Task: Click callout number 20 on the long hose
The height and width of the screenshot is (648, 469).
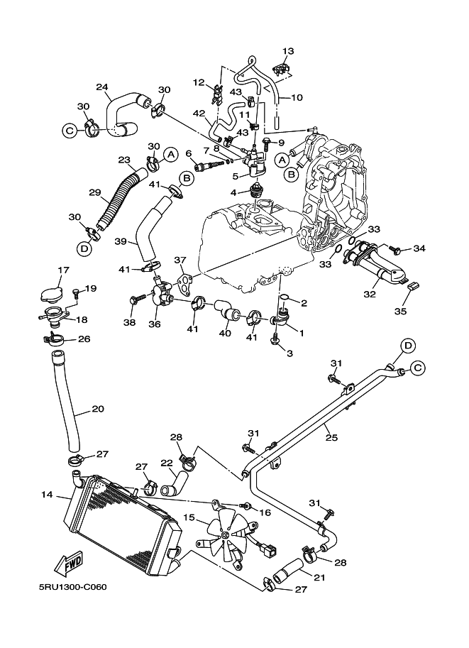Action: (x=98, y=409)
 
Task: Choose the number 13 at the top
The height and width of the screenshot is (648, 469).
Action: (x=287, y=51)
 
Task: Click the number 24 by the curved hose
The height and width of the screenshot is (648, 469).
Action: (x=102, y=88)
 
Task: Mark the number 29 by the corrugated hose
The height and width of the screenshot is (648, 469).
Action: (x=95, y=192)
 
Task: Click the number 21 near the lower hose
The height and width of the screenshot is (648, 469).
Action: (x=319, y=578)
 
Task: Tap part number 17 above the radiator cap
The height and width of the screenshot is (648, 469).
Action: (x=62, y=270)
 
